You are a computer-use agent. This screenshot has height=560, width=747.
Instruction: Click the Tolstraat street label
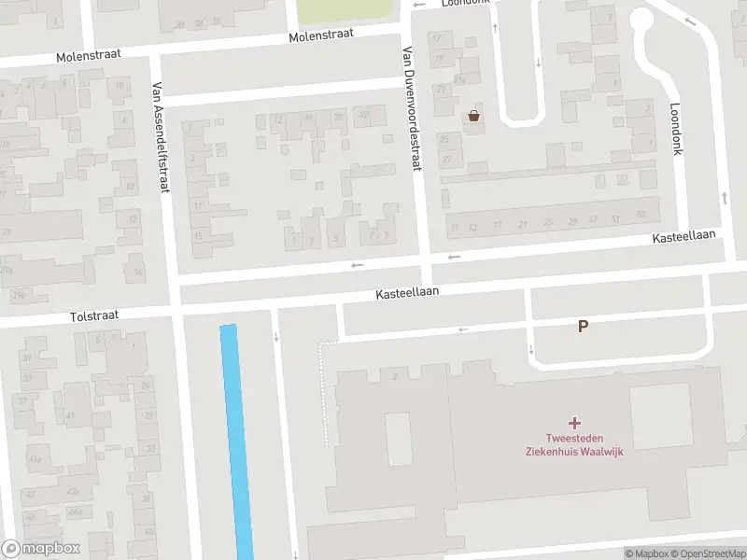[x=93, y=315]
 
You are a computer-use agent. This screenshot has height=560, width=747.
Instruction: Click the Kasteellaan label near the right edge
[x=684, y=240]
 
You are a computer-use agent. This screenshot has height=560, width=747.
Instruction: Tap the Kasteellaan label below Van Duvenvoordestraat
[x=407, y=293]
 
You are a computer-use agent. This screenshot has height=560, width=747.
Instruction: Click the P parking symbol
[x=584, y=327]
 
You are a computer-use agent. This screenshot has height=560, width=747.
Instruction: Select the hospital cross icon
[x=573, y=425]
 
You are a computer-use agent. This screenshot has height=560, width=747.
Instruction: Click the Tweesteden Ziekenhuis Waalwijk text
[x=573, y=446]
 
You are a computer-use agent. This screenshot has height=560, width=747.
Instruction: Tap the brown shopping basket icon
[x=474, y=116]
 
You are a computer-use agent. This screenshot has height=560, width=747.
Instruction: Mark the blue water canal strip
[x=236, y=439]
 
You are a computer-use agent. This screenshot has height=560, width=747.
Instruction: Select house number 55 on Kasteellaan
[x=641, y=215]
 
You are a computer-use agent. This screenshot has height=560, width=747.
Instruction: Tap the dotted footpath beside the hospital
[x=324, y=392]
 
